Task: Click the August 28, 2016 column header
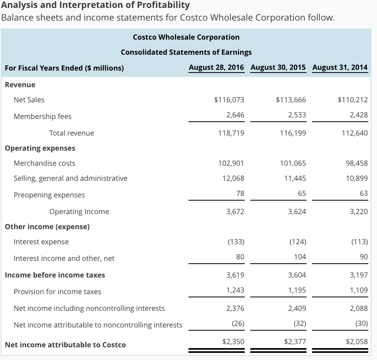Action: pyautogui.click(x=216, y=67)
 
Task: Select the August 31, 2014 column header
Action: pyautogui.click(x=340, y=67)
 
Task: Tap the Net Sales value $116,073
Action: pyautogui.click(x=229, y=100)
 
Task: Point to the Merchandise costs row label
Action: pyautogui.click(x=44, y=163)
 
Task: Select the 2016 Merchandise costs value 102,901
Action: pyautogui.click(x=231, y=163)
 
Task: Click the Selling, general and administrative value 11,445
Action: pyautogui.click(x=295, y=178)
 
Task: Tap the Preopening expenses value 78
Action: pyautogui.click(x=240, y=193)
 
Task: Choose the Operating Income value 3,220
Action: pyautogui.click(x=359, y=212)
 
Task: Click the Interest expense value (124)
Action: pyautogui.click(x=297, y=242)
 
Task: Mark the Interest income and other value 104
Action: pyautogui.click(x=300, y=257)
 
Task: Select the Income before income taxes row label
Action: pyautogui.click(x=55, y=275)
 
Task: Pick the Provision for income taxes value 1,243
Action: pyautogui.click(x=235, y=290)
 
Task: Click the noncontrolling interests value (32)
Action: pyautogui.click(x=299, y=324)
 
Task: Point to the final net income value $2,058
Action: pyautogui.click(x=356, y=341)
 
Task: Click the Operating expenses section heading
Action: pyautogui.click(x=40, y=148)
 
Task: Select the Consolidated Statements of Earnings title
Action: pyautogui.click(x=186, y=52)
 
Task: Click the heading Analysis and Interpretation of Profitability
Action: pyautogui.click(x=95, y=5)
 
